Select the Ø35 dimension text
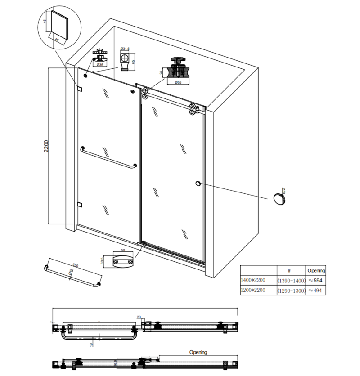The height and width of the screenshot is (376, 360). (100, 65)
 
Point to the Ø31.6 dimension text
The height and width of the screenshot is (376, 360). (125, 49)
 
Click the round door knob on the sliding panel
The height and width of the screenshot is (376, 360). (197, 183)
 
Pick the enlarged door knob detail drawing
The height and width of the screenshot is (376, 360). (280, 197)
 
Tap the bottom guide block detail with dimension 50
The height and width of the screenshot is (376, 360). (123, 261)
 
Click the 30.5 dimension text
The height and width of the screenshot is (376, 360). (103, 261)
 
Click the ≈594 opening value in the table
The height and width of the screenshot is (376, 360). (316, 280)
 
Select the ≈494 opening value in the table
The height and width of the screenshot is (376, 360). (316, 291)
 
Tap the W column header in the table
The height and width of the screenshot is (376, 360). (291, 270)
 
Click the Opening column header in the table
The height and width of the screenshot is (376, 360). (316, 270)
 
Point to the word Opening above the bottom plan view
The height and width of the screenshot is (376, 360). (198, 352)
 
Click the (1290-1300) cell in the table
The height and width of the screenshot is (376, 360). (291, 291)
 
